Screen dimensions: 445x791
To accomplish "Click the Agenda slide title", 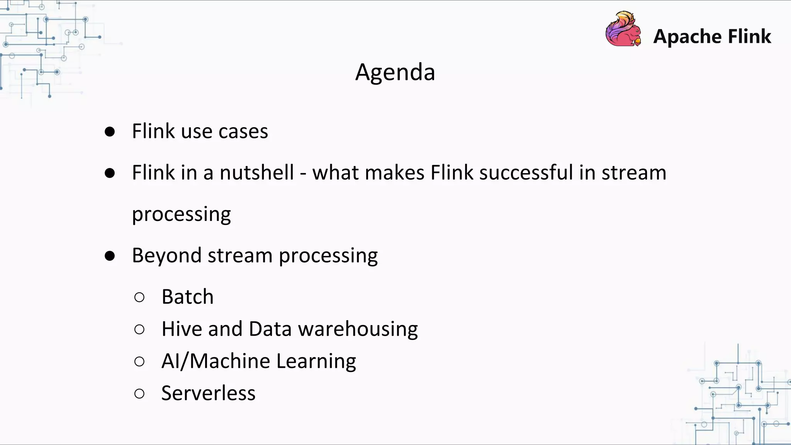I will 395,72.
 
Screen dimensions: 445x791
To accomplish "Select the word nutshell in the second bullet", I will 256,172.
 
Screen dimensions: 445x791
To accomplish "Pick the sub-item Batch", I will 187,297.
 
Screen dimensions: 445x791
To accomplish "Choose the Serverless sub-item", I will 208,393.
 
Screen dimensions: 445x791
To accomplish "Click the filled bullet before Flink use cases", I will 110,132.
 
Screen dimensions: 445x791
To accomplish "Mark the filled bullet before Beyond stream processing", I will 110,256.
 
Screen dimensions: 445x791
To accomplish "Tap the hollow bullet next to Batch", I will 139,297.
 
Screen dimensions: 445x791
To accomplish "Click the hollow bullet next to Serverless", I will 139,394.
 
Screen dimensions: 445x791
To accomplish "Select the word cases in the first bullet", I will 243,131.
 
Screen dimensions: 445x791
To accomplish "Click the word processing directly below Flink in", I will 181,214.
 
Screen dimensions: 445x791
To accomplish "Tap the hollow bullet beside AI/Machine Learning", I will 139,362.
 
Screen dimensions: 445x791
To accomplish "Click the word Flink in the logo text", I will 749,37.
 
